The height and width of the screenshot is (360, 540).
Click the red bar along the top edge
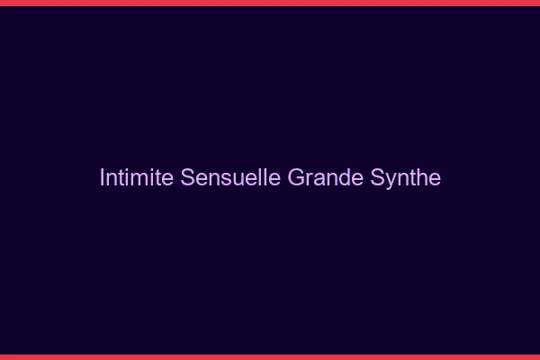[270, 3]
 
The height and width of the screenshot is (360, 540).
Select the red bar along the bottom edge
[270, 356]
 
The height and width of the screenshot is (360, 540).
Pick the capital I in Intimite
[102, 177]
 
